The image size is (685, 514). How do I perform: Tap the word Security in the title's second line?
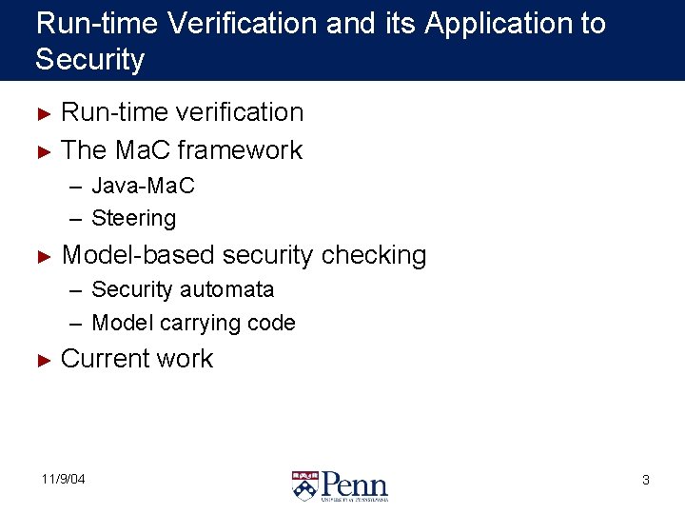tap(89, 60)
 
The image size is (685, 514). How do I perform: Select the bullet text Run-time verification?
tap(182, 112)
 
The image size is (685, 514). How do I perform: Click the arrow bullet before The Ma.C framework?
tap(41, 150)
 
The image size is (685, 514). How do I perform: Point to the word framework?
tap(240, 150)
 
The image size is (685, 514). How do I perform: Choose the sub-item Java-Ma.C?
tap(143, 186)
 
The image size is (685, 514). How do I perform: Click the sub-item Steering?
tap(133, 219)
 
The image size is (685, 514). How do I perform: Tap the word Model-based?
tap(137, 255)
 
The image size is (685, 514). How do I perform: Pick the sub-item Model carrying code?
tap(193, 324)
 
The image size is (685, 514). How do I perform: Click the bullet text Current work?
tap(137, 359)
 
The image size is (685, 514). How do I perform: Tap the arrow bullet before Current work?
tap(41, 360)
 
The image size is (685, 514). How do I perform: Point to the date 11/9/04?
tap(63, 479)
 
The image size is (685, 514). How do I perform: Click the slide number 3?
tap(646, 480)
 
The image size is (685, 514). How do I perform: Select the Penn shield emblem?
tap(305, 485)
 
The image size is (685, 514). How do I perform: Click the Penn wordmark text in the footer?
tap(354, 483)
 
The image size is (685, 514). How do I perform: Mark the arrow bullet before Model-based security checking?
tap(41, 256)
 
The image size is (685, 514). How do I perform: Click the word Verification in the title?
tap(243, 23)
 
